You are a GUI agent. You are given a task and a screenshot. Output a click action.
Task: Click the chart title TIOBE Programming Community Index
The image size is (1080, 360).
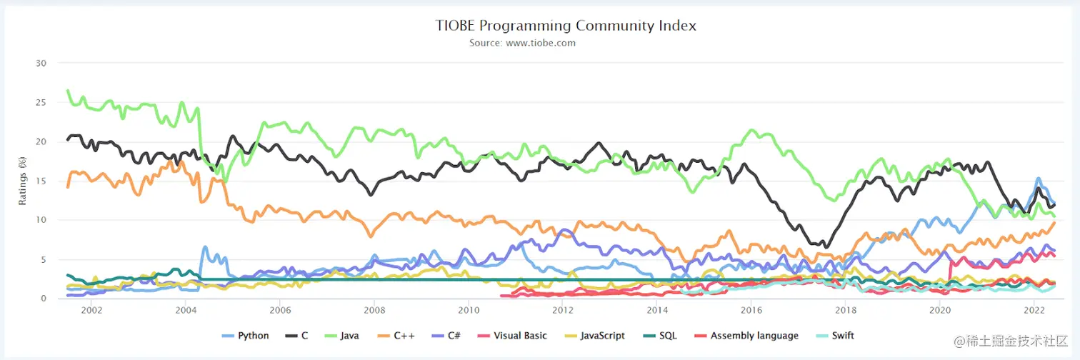click(566, 26)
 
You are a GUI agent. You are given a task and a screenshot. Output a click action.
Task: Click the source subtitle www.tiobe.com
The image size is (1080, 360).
click(522, 43)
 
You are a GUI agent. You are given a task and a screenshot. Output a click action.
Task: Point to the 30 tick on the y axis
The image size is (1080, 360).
click(41, 63)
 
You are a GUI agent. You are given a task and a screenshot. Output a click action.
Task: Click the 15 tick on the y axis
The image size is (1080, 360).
click(41, 181)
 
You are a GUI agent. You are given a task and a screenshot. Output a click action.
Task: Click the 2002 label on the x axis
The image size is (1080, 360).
click(91, 311)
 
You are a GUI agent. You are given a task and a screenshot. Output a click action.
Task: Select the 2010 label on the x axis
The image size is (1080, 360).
click(469, 311)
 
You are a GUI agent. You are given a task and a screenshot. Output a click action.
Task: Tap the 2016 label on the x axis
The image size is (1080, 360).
click(751, 311)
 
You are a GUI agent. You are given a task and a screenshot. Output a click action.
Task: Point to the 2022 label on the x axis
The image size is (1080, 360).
click(1034, 311)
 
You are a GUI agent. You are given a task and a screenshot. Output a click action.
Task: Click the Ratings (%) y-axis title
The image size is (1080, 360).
click(22, 181)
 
